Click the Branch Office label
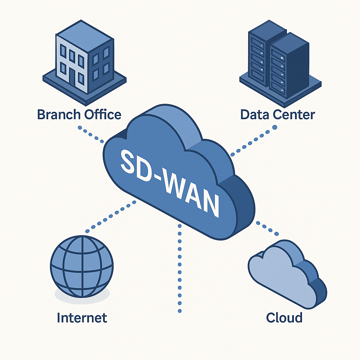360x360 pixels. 79,115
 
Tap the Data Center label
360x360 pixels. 278,115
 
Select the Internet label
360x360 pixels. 82,318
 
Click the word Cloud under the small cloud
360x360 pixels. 284,318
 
